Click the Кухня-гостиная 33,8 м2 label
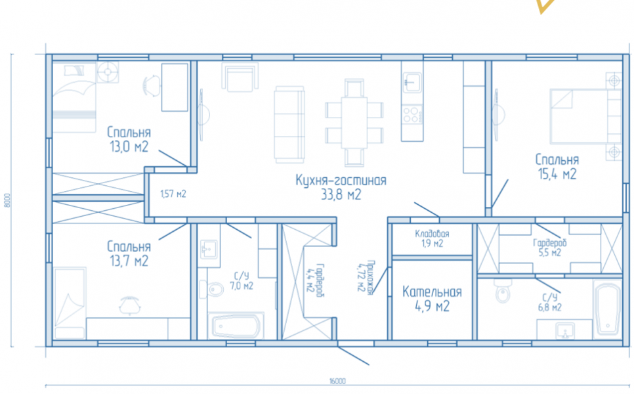point(341,187)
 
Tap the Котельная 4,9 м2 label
point(432,299)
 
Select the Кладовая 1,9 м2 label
point(432,238)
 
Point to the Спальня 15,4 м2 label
point(557,167)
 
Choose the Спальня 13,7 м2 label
point(129,253)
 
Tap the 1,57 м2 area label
point(173,194)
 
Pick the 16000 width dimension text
point(337,381)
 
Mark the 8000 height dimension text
point(7,200)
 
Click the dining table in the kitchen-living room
point(354,123)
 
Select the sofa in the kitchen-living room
point(289,125)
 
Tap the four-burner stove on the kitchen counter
point(412,114)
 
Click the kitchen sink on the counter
point(412,82)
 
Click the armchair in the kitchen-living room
point(240,77)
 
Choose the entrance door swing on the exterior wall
point(353,355)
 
